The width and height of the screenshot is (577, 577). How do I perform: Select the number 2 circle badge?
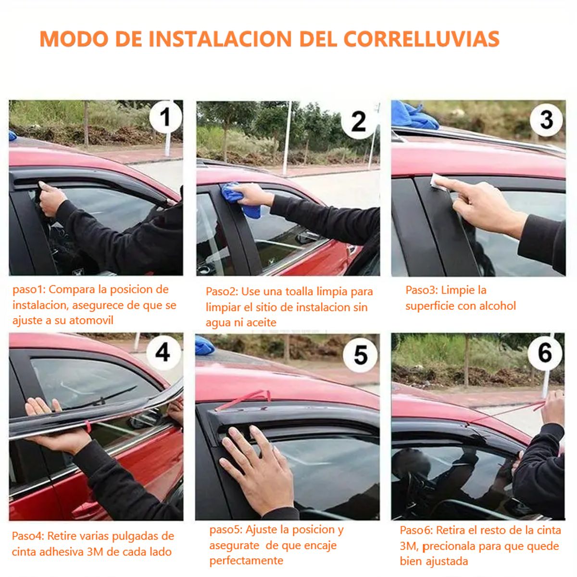(358, 122)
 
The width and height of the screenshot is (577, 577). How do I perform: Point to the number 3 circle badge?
(547, 120)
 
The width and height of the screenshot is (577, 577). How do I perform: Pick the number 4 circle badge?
(163, 352)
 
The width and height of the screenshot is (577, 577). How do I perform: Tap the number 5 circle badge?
(360, 355)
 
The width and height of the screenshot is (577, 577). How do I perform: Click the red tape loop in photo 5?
(245, 399)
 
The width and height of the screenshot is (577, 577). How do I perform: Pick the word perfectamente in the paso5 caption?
(246, 561)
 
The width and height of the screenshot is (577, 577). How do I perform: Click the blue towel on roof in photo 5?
(205, 345)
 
